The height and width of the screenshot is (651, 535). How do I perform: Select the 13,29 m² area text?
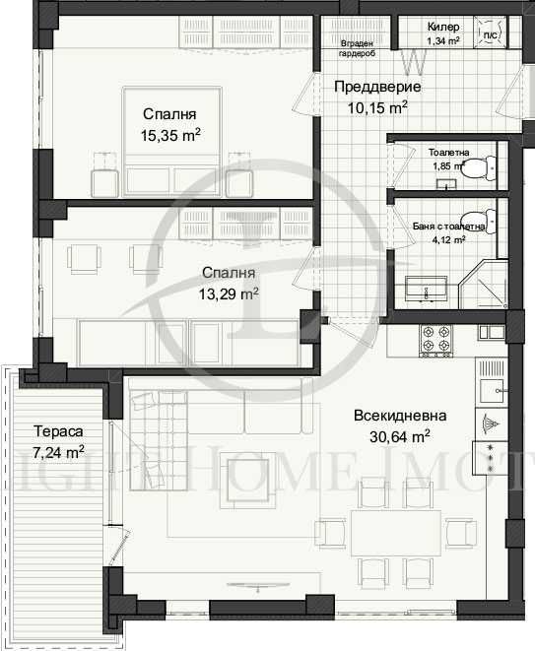click(230, 293)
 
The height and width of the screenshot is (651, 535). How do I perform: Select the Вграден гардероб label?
click(356, 49)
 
